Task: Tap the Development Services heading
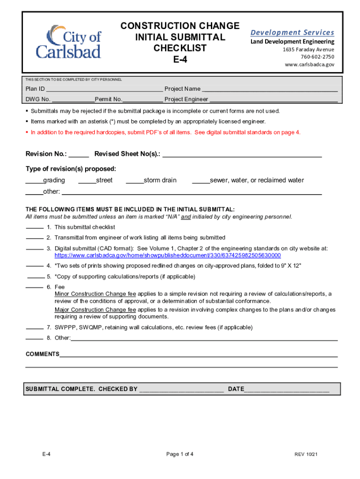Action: pos(292,32)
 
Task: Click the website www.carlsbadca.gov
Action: pos(310,65)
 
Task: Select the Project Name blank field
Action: pos(270,89)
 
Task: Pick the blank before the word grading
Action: pos(34,181)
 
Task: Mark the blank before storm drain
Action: pos(135,181)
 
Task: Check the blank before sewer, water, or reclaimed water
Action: pos(201,181)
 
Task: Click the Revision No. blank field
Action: pos(79,154)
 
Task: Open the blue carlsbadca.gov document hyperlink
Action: pos(167,255)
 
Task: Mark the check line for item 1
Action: pos(34,227)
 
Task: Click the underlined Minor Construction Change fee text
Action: pos(95,294)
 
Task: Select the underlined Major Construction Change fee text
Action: pos(95,310)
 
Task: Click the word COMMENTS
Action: pos(42,354)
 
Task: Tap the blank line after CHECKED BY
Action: pos(181,389)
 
